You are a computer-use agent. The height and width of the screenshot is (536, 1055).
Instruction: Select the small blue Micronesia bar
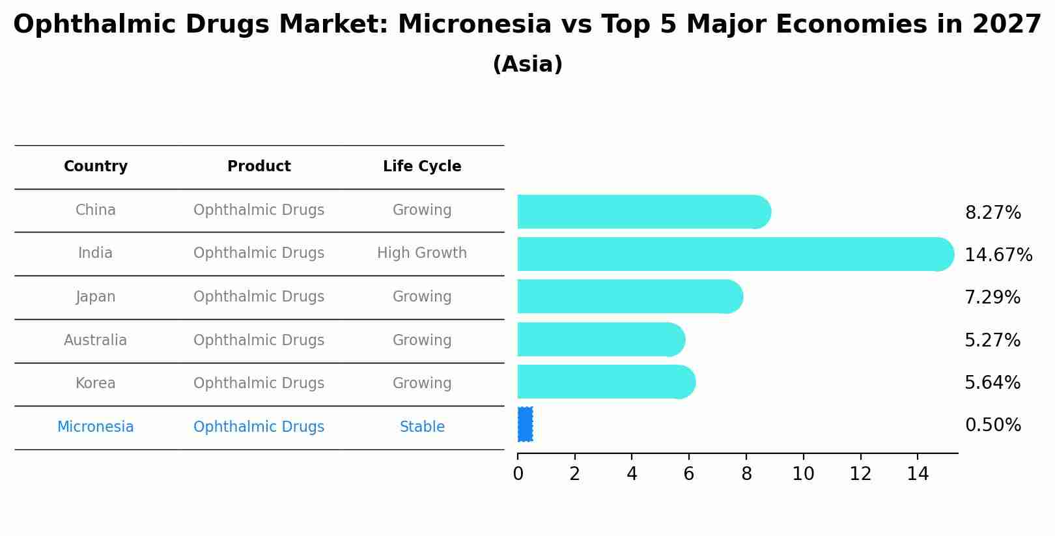coord(525,425)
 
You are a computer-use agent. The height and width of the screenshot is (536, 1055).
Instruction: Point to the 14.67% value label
coord(998,255)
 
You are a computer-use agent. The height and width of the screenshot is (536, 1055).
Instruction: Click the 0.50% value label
coord(992,425)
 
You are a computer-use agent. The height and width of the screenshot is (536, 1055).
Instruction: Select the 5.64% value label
coord(992,383)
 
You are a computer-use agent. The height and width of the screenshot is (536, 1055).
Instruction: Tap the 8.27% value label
coord(992,213)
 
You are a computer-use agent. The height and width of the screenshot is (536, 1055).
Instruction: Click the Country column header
coord(96,167)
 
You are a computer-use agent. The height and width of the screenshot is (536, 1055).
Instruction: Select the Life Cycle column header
coord(422,167)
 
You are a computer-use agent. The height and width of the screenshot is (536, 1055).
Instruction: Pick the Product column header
coord(259,167)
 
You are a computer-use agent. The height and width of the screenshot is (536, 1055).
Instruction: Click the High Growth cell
coord(422,253)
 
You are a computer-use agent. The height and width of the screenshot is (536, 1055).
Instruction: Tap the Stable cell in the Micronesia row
coord(422,427)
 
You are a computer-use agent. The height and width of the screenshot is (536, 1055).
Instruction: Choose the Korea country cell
coord(96,384)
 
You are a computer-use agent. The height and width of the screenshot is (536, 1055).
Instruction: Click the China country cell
coord(96,210)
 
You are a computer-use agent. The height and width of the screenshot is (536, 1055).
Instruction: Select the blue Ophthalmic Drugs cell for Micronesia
coord(259,427)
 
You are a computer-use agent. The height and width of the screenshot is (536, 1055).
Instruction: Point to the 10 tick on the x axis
coord(803,474)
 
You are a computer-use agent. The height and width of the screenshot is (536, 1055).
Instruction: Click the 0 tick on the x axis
coord(518,474)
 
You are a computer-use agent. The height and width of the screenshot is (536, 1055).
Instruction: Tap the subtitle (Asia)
coord(527,64)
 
